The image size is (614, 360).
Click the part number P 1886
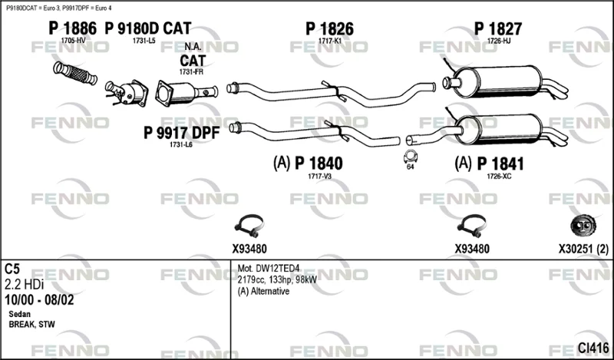72,28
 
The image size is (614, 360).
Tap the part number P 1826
328,28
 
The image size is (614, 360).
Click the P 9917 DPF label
182,133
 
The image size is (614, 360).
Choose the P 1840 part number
319,163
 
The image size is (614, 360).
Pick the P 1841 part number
500,163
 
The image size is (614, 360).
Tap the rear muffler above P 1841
503,127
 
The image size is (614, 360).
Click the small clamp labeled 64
411,159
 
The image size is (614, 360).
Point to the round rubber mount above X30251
583,225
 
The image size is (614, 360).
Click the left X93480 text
249,249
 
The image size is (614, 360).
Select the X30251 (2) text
583,249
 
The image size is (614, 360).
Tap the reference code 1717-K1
329,41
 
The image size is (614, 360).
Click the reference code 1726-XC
498,177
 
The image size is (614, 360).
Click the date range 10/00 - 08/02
39,299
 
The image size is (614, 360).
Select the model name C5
13,269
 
